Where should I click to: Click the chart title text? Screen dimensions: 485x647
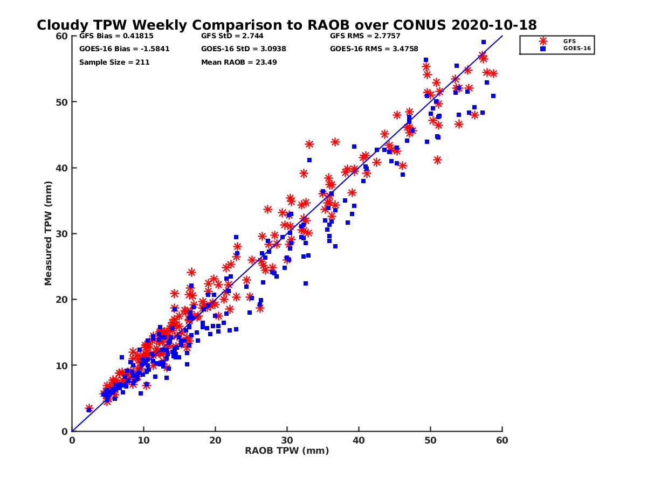coord(286,25)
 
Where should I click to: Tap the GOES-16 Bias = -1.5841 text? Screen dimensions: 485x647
coord(116,48)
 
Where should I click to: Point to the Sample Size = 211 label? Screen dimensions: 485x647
coord(114,62)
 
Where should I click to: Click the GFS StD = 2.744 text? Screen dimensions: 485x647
coord(230,36)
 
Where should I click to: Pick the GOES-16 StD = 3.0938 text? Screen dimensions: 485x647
coord(243,48)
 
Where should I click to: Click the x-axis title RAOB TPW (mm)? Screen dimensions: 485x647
coord(287,451)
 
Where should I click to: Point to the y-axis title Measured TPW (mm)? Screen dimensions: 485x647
coord(49,233)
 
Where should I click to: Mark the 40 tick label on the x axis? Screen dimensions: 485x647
coord(359,440)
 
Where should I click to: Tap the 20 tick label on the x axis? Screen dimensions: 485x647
coord(216,440)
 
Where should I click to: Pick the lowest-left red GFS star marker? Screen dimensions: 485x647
coord(89,408)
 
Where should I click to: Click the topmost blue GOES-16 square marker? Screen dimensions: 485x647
coord(484,42)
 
